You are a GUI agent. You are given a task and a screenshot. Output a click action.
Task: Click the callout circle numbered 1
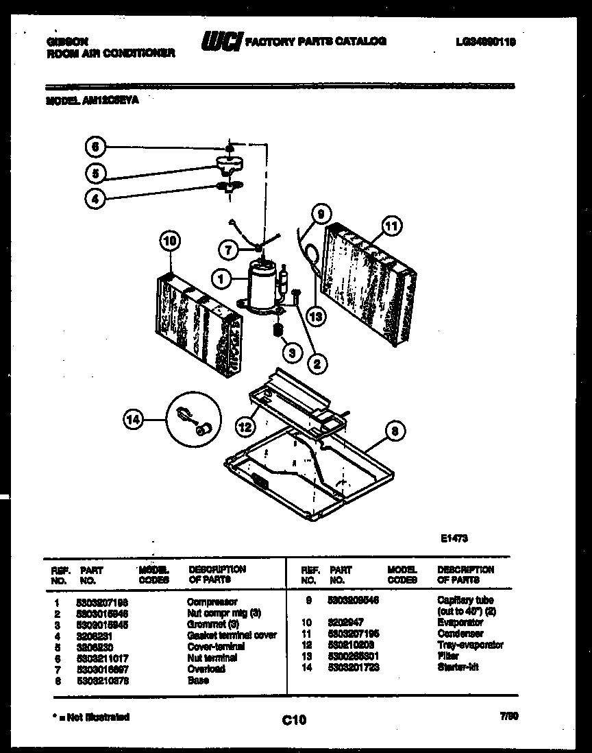221,279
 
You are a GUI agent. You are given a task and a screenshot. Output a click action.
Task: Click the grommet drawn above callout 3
278,332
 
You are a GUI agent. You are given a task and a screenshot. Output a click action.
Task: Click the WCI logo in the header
220,43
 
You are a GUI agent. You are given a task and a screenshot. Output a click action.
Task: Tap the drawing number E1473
454,539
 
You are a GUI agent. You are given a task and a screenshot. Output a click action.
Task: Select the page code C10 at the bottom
293,719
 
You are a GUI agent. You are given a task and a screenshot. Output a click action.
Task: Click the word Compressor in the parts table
212,601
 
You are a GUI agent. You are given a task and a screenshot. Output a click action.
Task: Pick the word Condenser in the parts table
460,634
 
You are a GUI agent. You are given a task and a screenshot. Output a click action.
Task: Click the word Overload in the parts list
206,669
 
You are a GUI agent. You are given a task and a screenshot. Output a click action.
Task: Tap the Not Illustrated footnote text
90,717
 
